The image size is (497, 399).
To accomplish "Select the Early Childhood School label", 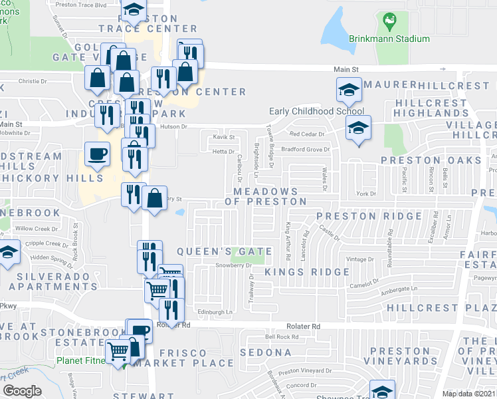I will (x=316, y=112).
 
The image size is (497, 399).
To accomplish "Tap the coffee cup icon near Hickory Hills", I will (x=97, y=156).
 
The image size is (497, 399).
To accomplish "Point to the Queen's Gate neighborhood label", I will (x=225, y=252).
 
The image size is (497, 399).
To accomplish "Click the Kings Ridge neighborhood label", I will (x=307, y=272).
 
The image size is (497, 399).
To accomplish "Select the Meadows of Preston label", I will (x=266, y=196).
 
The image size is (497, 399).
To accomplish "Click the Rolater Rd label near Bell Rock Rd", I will (x=303, y=327).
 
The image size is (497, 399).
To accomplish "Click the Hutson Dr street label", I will (x=176, y=126).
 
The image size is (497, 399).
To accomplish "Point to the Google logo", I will (x=23, y=390).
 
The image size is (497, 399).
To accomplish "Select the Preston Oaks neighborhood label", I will (x=431, y=160).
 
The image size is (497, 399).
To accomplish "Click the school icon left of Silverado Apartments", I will (x=8, y=253).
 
